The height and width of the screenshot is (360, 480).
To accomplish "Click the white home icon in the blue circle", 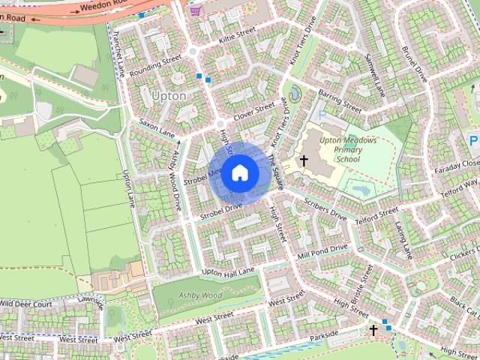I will [x=240, y=173].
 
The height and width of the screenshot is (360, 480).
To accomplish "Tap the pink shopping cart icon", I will [x=196, y=10].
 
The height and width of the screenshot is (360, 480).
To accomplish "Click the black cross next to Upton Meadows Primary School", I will [x=304, y=160].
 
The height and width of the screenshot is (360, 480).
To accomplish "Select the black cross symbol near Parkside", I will [x=373, y=329].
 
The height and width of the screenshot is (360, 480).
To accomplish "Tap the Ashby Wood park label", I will [x=202, y=296].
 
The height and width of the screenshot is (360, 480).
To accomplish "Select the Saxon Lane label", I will [x=156, y=127].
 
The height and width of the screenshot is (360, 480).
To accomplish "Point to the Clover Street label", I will [x=254, y=113].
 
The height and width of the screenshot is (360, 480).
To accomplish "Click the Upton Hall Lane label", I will [x=229, y=271].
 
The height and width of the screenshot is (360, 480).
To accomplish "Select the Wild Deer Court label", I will [x=25, y=304].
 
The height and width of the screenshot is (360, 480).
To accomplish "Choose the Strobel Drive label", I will [x=220, y=211].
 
